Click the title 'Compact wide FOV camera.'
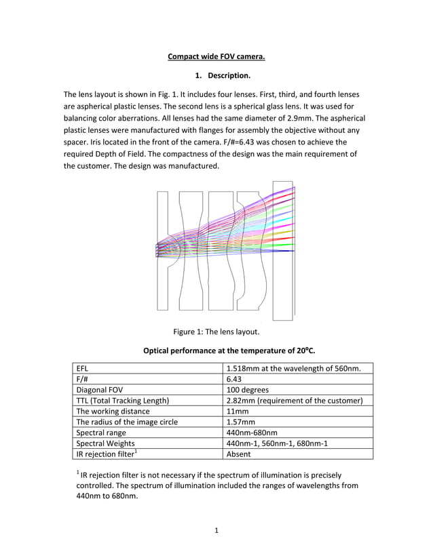pos(216,56)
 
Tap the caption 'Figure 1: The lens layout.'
pos(216,332)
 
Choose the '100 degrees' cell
pos(247,390)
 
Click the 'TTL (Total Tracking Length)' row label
pos(123,401)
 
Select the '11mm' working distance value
pos(238,412)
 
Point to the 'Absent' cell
pos(240,454)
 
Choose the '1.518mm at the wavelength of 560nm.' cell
pos(293,369)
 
